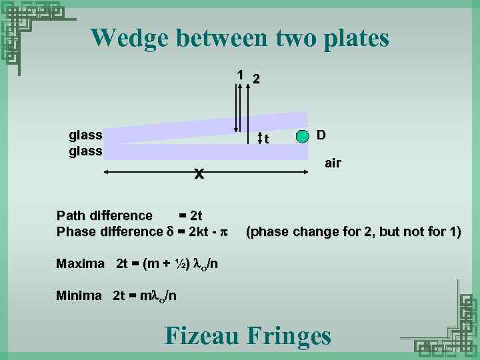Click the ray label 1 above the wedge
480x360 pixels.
240,75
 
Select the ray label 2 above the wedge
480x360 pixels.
256,79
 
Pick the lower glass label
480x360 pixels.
85,151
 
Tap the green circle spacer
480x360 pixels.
303,137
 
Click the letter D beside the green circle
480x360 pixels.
321,135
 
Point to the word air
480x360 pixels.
333,163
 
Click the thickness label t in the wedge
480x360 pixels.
267,139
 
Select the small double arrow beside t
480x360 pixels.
260,138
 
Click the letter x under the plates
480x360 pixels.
198,174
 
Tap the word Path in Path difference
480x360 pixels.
71,215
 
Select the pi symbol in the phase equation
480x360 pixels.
224,232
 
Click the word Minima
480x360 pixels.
79,295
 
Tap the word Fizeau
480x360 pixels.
202,335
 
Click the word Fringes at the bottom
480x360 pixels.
289,335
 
